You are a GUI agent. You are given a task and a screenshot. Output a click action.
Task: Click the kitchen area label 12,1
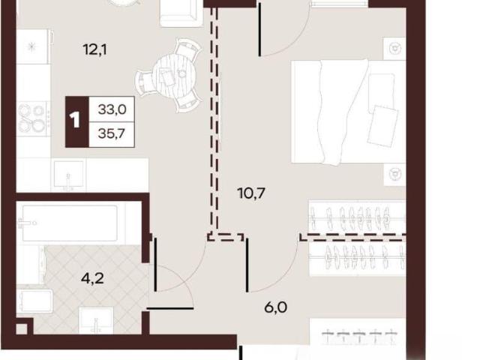click(x=95, y=49)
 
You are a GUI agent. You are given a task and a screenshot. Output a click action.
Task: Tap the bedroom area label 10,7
click(x=251, y=193)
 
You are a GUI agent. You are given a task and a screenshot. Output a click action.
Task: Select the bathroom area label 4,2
click(x=92, y=278)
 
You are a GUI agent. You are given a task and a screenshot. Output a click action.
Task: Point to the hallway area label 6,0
click(x=275, y=307)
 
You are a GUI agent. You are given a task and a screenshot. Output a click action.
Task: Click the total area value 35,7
click(x=112, y=133)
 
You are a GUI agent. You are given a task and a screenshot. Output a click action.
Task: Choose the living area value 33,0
click(x=112, y=109)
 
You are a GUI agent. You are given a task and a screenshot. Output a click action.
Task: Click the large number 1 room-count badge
click(x=75, y=120)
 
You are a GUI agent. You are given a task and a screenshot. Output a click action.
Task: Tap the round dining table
click(x=175, y=74)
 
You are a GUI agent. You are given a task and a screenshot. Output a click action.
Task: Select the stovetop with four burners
click(x=33, y=119)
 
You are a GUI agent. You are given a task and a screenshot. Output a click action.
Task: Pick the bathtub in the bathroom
click(x=70, y=223)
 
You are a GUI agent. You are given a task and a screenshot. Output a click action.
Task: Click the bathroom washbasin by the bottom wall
click(x=96, y=320)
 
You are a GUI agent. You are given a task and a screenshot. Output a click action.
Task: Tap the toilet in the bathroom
click(x=34, y=300)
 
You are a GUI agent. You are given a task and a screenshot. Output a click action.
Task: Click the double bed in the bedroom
click(x=348, y=112)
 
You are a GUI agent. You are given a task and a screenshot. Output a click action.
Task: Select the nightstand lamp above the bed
click(x=394, y=48)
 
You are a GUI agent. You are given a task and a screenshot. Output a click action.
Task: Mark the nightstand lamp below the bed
click(x=394, y=174)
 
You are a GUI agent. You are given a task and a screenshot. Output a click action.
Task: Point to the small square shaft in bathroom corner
click(x=22, y=329)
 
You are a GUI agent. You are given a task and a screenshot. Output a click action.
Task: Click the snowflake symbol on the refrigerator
click(x=31, y=46)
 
